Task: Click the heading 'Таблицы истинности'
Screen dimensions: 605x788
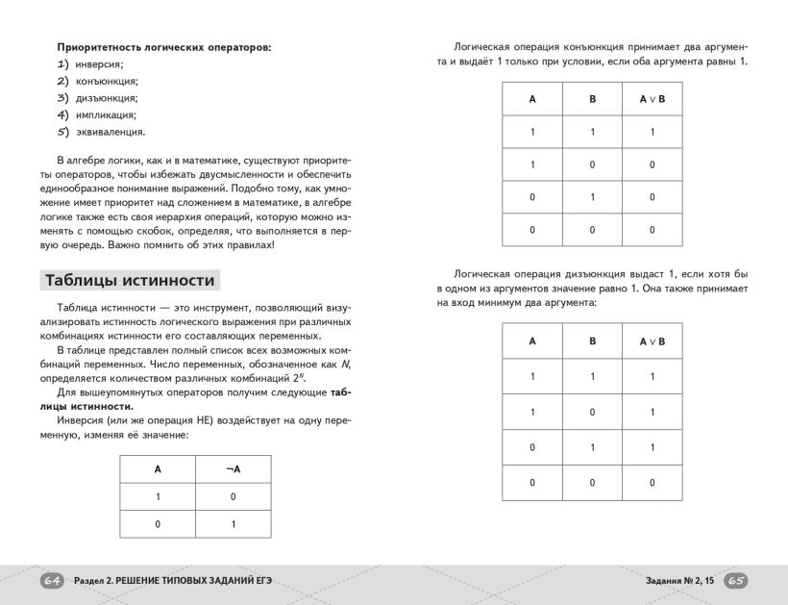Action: [x=130, y=281]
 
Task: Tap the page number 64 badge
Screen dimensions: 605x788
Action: [x=53, y=581]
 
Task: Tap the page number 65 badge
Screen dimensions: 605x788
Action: [x=735, y=581]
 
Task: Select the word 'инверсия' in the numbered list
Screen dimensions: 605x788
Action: [x=99, y=63]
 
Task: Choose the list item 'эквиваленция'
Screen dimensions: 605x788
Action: [x=111, y=132]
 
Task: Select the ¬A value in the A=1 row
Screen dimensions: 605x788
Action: [x=234, y=496]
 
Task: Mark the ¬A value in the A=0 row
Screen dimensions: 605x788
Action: [x=234, y=524]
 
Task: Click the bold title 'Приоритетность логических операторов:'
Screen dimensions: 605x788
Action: [x=163, y=46]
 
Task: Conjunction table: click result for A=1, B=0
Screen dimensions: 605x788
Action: [x=652, y=164]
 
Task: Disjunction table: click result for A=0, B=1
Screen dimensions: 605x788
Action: [x=652, y=447]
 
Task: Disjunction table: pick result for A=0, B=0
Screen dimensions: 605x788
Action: [x=652, y=483]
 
